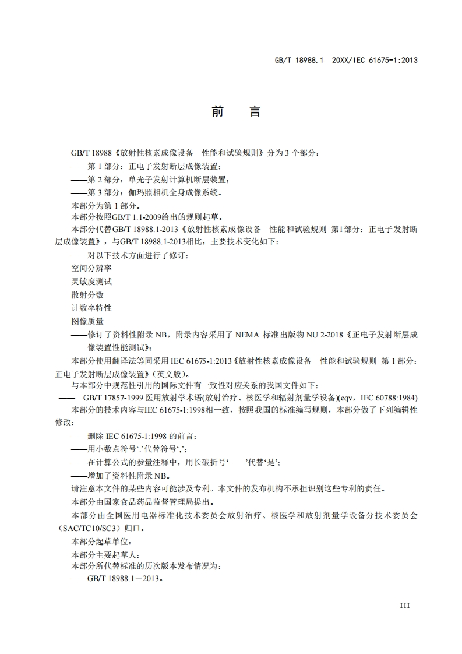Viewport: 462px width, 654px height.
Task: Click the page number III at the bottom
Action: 405,606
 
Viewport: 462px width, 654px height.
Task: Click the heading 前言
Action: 235,111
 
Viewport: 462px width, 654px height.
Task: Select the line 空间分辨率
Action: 91,268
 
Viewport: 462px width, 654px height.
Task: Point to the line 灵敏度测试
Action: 91,282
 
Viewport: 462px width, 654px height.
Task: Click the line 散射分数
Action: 87,295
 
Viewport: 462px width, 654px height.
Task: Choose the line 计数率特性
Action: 91,308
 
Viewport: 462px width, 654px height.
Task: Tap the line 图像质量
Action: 87,321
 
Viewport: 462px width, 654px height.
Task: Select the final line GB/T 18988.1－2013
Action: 117,581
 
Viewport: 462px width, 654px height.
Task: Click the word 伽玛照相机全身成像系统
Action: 175,192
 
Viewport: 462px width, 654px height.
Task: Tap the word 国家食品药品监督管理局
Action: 161,502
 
